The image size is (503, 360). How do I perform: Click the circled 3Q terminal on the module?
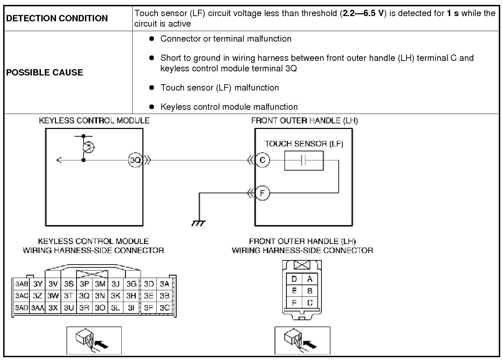coord(135,160)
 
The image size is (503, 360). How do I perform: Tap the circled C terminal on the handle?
coord(262,160)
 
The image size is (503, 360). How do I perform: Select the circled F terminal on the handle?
coord(262,193)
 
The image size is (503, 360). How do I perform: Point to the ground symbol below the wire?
coord(198,223)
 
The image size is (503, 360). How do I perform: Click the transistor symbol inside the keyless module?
coord(88,147)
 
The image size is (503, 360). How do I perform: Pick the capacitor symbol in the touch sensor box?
coord(303,160)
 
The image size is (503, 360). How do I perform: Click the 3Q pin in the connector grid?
coord(84,296)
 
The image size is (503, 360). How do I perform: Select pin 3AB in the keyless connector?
coord(22,284)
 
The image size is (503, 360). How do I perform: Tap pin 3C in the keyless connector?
coord(164,308)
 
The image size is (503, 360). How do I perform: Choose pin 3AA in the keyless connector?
coord(37,308)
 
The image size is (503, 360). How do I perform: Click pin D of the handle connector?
coord(294,279)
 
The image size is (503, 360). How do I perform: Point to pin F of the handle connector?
coord(294,303)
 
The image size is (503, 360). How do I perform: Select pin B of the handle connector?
coord(310,291)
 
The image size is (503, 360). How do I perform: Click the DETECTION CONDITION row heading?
coord(57,18)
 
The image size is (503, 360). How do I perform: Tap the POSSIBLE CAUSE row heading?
coord(44,72)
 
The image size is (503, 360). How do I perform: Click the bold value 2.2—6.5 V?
coord(363,13)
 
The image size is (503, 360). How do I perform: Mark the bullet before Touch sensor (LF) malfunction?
coord(151,87)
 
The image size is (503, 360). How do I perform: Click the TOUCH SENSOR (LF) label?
coord(304,144)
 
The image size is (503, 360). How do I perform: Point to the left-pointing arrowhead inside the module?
coord(59,160)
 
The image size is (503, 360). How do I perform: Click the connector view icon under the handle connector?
coord(303,340)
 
